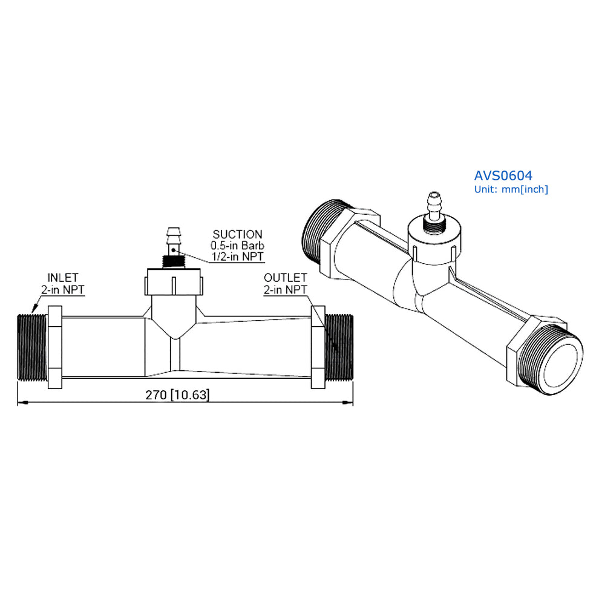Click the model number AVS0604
pos(503,175)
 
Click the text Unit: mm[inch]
pos(511,189)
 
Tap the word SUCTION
pos(237,234)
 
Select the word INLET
pos(63,278)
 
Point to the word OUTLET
pos(285,278)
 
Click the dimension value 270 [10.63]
pos(177,395)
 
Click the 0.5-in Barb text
pos(237,246)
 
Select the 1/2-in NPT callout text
pos(237,257)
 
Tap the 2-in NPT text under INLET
pos(63,289)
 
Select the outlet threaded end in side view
pos(339,348)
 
